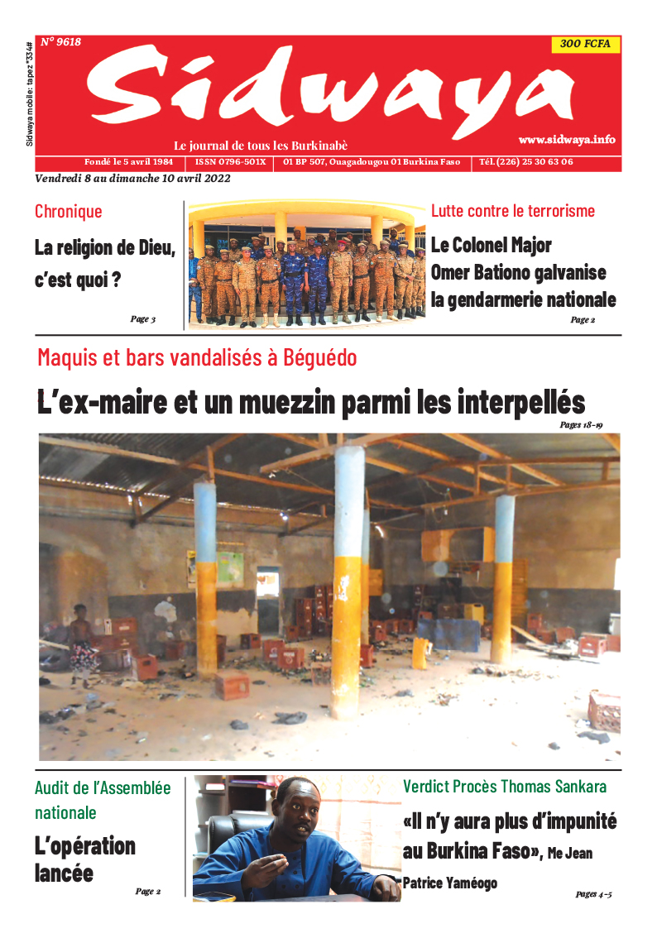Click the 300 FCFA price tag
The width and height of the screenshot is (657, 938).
585,45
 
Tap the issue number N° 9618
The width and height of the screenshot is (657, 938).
60,41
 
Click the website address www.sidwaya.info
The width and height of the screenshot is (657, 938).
567,139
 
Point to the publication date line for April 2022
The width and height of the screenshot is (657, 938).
132,178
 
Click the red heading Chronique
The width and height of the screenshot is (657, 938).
69,211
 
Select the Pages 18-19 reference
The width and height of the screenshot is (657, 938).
581,425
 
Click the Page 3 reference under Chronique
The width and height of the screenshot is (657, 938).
142,318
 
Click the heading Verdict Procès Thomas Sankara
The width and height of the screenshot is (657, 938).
505,786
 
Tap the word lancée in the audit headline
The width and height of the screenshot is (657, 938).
64,873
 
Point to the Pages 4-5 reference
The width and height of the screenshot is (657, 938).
593,894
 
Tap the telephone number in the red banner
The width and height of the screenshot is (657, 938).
526,161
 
